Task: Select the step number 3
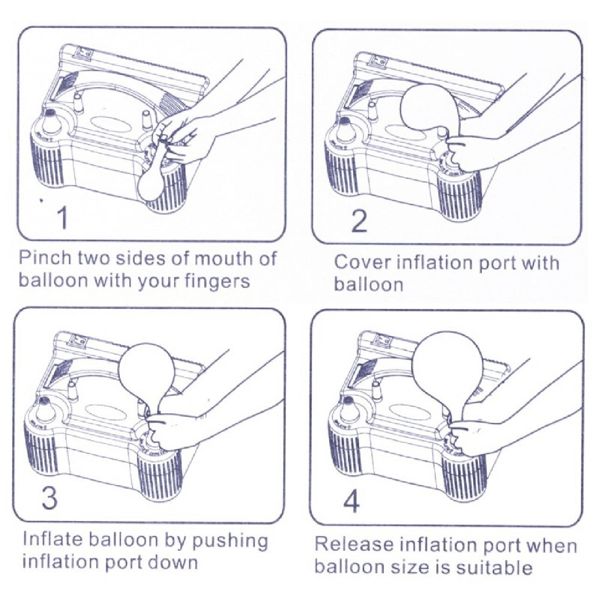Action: point(49,497)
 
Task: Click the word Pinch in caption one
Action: point(44,259)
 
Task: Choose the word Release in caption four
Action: point(354,545)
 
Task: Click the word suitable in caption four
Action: point(494,568)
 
